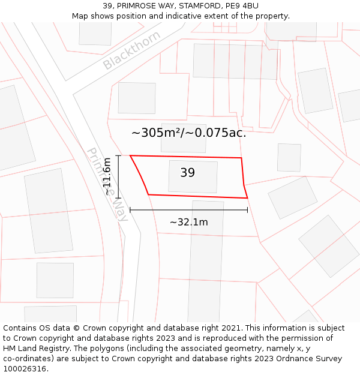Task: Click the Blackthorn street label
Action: [x=131, y=50]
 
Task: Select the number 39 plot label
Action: [x=187, y=173]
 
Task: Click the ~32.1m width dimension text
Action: [x=188, y=222]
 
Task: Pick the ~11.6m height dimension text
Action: [x=107, y=177]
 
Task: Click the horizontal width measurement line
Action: [x=188, y=210]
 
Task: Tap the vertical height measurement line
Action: [x=118, y=177]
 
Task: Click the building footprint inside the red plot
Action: [x=193, y=176]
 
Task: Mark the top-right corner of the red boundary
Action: [x=241, y=158]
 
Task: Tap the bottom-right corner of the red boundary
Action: [x=247, y=198]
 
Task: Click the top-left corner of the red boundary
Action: [x=130, y=155]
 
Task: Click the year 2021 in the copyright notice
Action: [x=231, y=328]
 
